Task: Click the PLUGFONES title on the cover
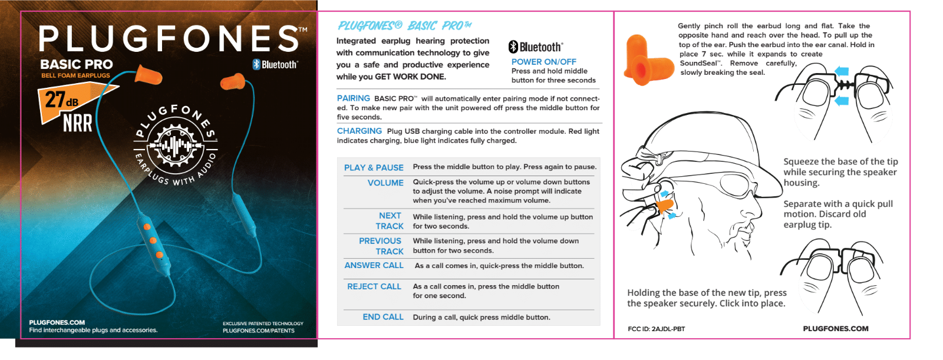click(x=169, y=39)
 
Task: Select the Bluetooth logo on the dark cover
click(x=275, y=65)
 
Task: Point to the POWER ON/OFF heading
click(x=543, y=62)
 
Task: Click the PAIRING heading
click(x=354, y=98)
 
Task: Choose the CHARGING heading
click(x=360, y=131)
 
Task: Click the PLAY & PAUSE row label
click(x=374, y=168)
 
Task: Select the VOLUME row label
click(x=385, y=183)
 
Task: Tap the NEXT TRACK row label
click(x=390, y=221)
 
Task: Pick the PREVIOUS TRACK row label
click(x=381, y=246)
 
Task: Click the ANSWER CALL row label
click(x=374, y=266)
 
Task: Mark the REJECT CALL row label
click(x=374, y=286)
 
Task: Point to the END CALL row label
click(x=383, y=317)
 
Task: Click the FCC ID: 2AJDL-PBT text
click(x=656, y=329)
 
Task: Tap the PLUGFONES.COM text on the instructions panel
click(x=835, y=329)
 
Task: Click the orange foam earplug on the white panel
click(x=639, y=60)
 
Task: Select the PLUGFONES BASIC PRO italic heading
click(x=405, y=26)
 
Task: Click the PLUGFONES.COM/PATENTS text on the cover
click(x=258, y=331)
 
